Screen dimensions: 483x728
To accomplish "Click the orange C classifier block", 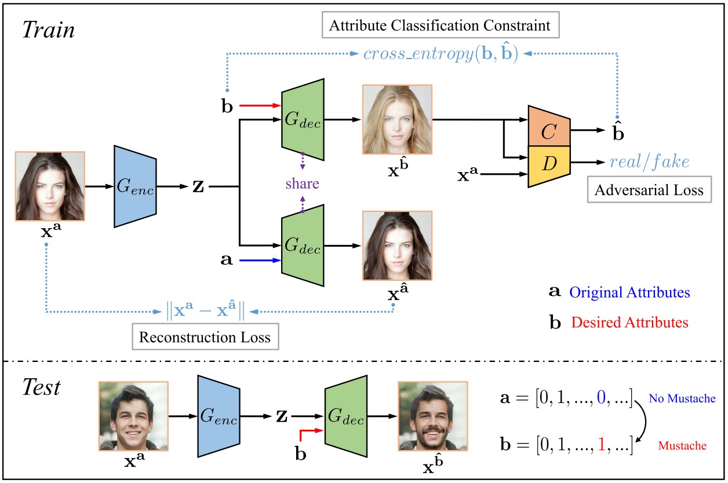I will [549, 131].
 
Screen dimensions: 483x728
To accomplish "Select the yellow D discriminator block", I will [549, 163].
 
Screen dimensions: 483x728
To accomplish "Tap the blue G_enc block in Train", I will [135, 186].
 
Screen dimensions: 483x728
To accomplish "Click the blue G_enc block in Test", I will [219, 416].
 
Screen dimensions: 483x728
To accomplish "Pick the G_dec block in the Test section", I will [346, 416].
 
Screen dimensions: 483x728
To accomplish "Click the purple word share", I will [302, 184].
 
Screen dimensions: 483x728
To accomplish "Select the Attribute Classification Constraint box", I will [441, 25].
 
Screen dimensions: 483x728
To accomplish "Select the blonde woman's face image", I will [397, 119].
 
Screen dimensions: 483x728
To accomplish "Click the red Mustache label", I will [682, 445].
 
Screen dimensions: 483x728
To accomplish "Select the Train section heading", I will [49, 30].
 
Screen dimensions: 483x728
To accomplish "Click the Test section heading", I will [42, 387].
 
